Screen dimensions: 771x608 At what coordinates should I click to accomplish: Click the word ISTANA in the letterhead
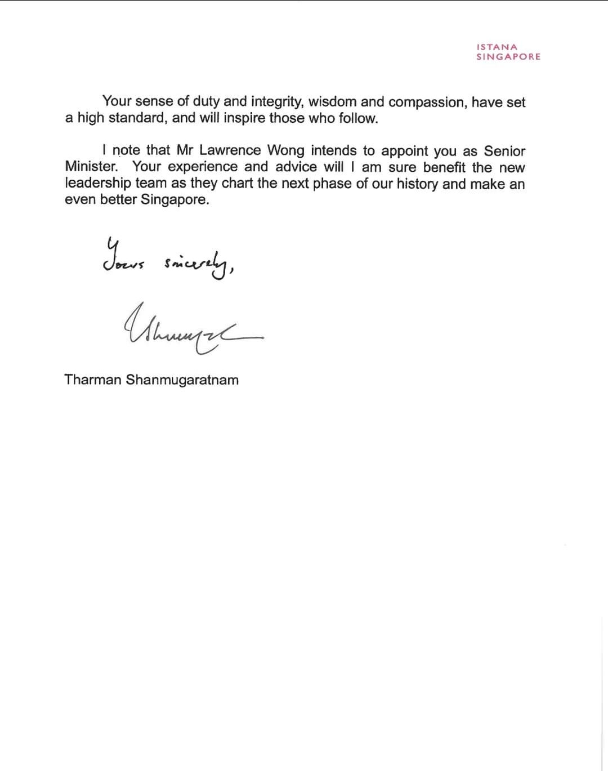pos(497,47)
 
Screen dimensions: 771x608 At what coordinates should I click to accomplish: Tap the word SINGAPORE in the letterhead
pos(508,56)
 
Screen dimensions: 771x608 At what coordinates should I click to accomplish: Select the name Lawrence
pos(230,150)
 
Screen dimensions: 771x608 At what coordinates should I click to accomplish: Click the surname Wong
pos(285,150)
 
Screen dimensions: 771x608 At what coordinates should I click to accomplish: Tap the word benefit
pos(444,167)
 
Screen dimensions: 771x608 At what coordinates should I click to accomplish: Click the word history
pos(417,184)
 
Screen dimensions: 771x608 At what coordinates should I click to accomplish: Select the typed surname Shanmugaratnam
pos(182,380)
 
